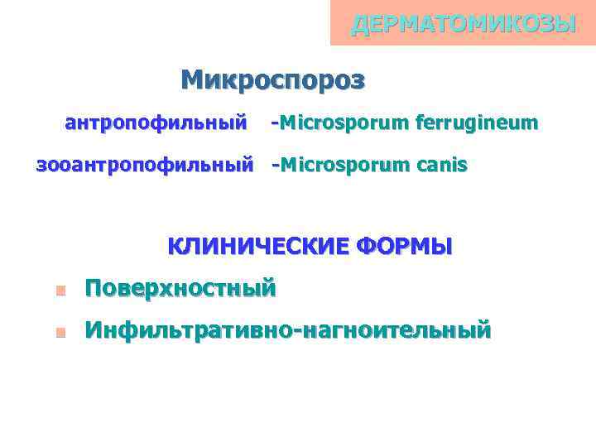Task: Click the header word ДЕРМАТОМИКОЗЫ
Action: click(463, 24)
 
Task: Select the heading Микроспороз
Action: click(272, 80)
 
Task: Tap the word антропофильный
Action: click(156, 123)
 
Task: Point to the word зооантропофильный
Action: click(144, 165)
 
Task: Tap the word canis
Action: click(441, 165)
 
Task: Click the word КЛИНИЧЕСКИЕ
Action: click(258, 247)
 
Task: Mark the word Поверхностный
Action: click(180, 289)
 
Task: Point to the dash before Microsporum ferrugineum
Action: click(275, 124)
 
